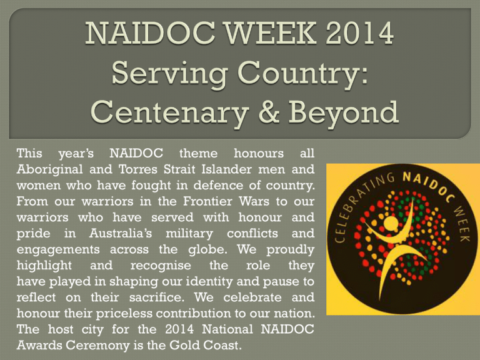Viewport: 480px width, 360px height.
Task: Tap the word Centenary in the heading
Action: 169,112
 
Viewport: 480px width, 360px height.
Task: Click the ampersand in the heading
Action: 269,111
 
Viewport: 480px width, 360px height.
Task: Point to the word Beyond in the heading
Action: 344,111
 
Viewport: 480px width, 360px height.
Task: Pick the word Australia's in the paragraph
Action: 120,233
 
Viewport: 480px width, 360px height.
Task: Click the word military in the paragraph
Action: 189,234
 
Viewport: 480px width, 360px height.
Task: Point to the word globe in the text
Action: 208,250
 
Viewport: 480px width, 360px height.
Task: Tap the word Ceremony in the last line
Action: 98,346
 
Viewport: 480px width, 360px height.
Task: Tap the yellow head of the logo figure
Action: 390,223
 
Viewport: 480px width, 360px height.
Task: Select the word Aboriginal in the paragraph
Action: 49,170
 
